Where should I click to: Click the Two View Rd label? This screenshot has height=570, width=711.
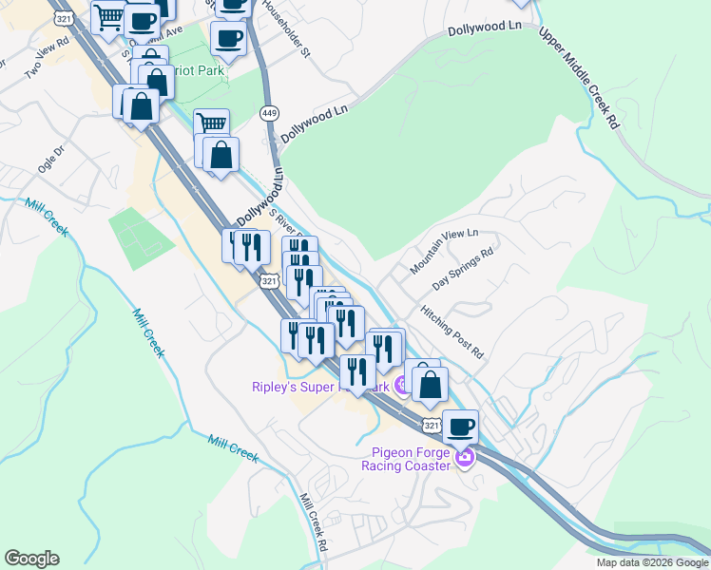pos(48,54)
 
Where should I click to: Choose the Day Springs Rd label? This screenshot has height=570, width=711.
pos(464,270)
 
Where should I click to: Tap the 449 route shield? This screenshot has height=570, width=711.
pos(269,112)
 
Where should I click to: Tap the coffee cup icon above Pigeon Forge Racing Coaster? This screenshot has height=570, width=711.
pos(460,427)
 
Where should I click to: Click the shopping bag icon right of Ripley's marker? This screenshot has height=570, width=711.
pos(431,384)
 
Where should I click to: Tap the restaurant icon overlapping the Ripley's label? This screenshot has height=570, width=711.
pos(356,370)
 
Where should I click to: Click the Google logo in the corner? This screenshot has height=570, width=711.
pos(31,559)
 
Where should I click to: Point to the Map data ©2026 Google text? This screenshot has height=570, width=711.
pos(652,562)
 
